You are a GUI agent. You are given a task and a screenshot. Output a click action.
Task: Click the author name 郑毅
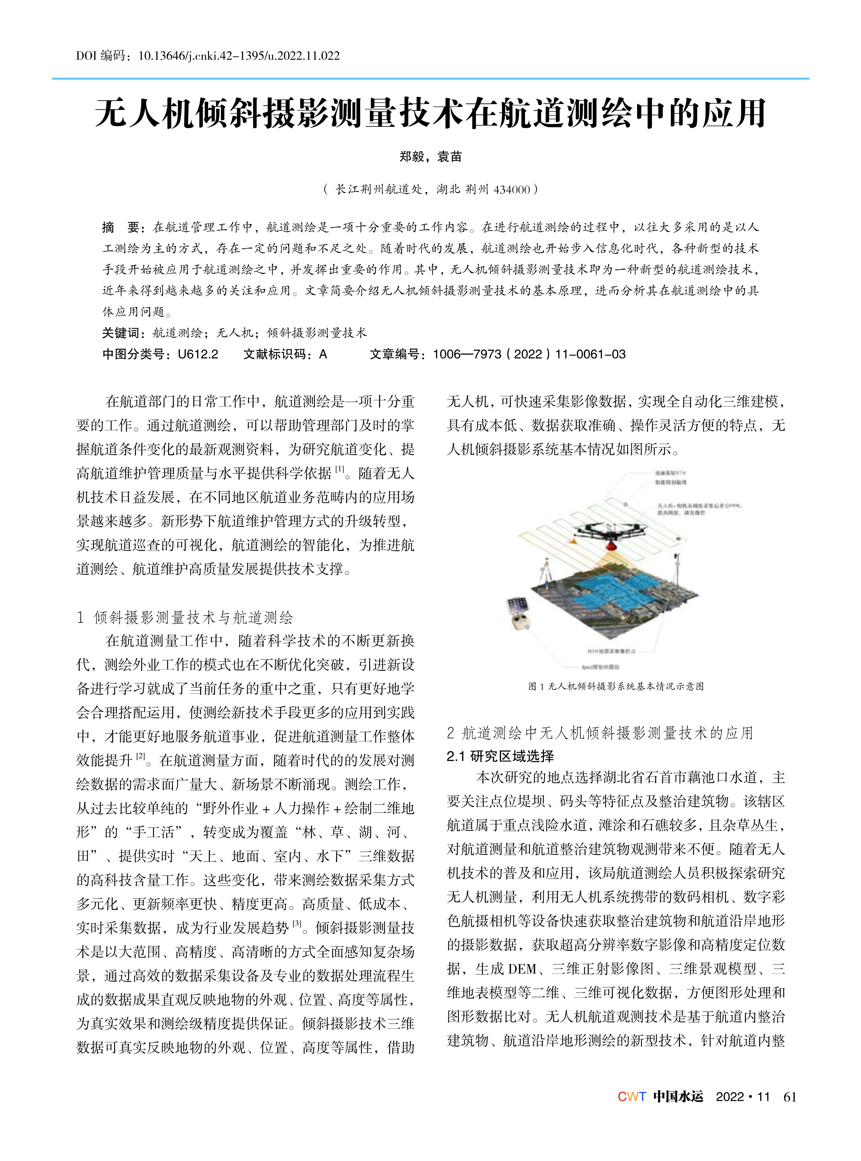[x=412, y=157]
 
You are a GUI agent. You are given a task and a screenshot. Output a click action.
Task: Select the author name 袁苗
[x=449, y=157]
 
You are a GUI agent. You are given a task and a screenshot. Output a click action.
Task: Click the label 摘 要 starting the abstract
[x=121, y=227]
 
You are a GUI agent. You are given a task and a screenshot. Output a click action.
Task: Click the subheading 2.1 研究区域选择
[x=500, y=756]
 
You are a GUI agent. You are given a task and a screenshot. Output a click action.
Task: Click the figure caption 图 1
[x=616, y=686]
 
